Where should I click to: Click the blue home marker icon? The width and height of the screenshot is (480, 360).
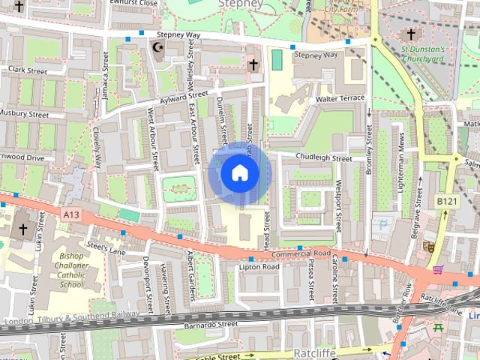pos(239,173)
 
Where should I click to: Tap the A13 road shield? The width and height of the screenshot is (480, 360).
pos(71,214)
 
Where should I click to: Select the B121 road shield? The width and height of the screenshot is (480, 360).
pos(445,202)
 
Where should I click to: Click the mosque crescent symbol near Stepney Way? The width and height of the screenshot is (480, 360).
pos(157,47)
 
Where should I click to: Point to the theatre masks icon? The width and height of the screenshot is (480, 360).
pos(430,245)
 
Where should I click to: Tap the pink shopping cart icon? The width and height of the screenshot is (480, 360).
pos(437,269)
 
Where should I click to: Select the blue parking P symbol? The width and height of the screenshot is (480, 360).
pos(385,224)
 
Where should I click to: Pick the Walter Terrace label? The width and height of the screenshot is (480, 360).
pos(340,98)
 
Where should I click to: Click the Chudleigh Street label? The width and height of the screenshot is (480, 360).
pos(323,158)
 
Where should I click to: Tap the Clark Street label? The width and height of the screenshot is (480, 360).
pos(28,70)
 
